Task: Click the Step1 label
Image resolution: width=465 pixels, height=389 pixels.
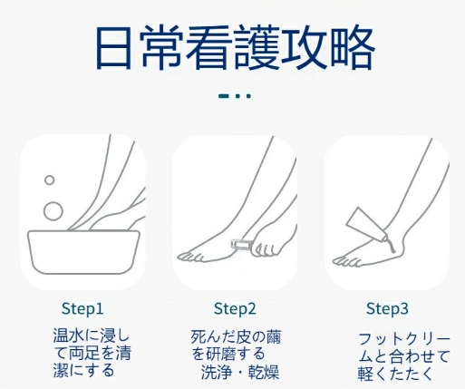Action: [82, 309]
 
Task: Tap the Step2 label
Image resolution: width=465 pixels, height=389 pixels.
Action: [235, 309]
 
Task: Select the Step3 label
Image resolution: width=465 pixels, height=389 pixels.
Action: [387, 309]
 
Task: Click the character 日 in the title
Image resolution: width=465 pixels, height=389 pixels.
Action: [113, 48]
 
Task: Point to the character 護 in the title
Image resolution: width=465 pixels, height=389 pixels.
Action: [257, 48]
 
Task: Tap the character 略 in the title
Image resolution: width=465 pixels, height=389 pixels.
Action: [353, 48]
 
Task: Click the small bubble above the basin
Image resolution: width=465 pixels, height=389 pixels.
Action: [50, 180]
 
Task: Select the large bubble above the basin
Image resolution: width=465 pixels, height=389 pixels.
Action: [53, 211]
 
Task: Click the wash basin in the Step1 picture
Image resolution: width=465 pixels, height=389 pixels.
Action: [83, 252]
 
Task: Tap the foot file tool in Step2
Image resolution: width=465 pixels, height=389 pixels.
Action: [241, 244]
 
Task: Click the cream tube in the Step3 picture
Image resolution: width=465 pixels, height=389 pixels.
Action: [366, 224]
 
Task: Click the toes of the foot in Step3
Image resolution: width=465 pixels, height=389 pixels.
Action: [346, 262]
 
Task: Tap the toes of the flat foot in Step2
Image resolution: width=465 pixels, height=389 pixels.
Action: [190, 257]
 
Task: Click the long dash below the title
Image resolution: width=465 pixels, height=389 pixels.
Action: [224, 96]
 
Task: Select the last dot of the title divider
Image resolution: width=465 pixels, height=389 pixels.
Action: [248, 96]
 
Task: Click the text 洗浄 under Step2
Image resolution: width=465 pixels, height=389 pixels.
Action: [216, 373]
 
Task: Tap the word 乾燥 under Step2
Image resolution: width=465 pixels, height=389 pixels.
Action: [264, 373]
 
